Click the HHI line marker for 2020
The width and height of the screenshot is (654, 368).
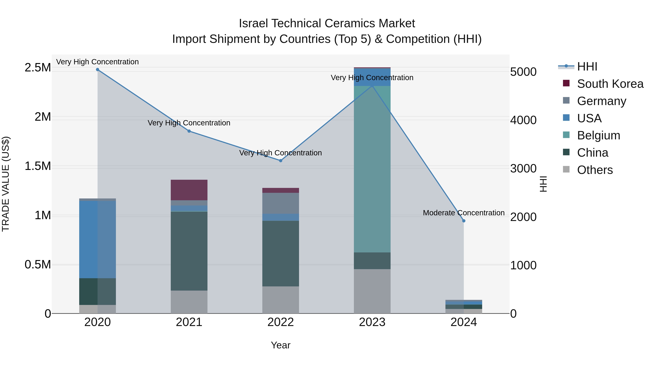[x=98, y=70]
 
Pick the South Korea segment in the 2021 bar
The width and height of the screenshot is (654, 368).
[x=189, y=190]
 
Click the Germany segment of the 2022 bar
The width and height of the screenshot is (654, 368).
[x=280, y=203]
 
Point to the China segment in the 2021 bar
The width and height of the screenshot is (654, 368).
[x=189, y=251]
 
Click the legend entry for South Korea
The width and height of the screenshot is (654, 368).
[x=610, y=84]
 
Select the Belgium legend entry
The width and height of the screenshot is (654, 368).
[x=598, y=135]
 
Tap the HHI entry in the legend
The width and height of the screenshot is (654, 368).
[x=587, y=67]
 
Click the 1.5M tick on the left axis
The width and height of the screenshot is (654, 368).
[x=38, y=166]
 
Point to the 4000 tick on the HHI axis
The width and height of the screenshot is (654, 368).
[x=523, y=120]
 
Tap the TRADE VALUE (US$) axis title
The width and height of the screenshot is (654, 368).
[x=6, y=184]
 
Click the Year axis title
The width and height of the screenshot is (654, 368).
[x=280, y=345]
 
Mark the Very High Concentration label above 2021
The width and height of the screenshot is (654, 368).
[x=189, y=123]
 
